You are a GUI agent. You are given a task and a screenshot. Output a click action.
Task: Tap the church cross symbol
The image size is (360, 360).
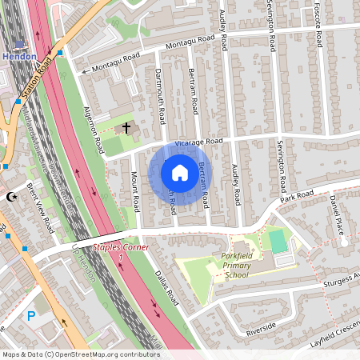125,128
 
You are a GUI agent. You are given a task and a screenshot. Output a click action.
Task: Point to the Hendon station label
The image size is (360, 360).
18,57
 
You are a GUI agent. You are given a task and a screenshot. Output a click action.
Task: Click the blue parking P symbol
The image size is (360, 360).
31,315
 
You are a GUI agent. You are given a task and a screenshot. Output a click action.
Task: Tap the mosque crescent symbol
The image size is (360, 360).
10,196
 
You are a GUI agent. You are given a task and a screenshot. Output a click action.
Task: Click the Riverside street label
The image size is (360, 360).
261,328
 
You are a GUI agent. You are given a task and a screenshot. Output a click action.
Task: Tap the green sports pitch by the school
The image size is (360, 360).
277,241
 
